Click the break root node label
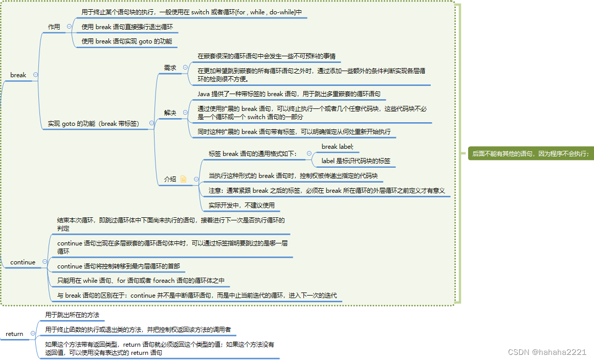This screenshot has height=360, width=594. [18, 75]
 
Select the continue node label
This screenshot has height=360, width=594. [23, 262]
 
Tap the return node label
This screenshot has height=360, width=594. [14, 334]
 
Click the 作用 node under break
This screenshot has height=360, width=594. [54, 27]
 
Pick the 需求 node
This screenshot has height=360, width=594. [170, 67]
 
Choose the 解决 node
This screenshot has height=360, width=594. [170, 112]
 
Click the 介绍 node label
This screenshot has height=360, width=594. [170, 179]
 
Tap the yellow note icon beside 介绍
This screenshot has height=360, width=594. [183, 179]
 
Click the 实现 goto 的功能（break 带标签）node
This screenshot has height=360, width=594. [94, 123]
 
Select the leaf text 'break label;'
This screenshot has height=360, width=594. [337, 147]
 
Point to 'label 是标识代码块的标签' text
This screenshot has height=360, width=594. [356, 161]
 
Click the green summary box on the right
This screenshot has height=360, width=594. [530, 153]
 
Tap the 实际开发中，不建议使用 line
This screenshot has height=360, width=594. [241, 205]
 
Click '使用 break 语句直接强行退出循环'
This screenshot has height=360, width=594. [127, 27]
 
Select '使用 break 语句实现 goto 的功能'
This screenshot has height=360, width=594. [127, 41]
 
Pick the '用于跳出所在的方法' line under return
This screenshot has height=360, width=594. [72, 314]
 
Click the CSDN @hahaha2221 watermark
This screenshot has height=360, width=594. [547, 352]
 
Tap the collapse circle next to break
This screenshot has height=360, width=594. [35, 75]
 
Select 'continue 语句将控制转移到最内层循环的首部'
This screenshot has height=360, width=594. [118, 266]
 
